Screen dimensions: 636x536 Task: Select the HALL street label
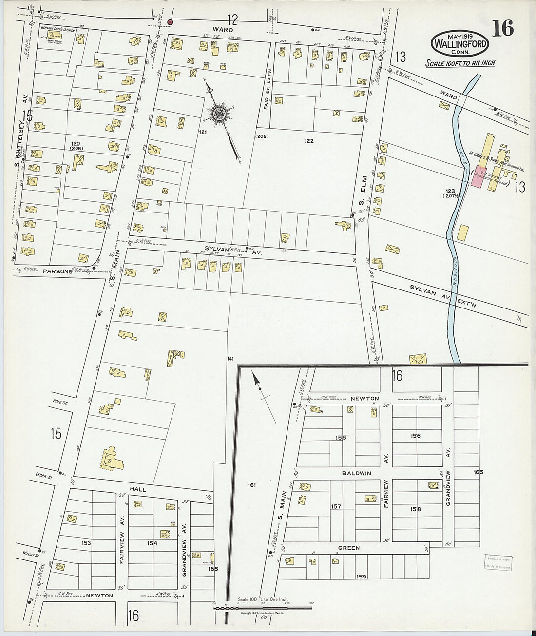138,488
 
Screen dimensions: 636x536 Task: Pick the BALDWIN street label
356,473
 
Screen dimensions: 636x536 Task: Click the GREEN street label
349,548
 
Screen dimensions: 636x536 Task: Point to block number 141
230,359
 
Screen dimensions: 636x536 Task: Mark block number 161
251,485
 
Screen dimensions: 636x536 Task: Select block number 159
361,577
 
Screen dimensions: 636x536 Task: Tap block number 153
86,542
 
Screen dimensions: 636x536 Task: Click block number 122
308,141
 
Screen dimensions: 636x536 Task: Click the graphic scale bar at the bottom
263,608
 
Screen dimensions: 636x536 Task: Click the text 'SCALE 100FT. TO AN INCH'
460,63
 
